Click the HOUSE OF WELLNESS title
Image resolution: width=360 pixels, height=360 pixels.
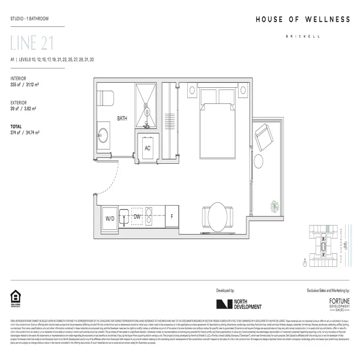[x=303, y=19]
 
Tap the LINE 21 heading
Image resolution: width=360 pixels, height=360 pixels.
[x=32, y=44]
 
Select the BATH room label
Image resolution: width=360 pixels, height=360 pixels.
[x=122, y=119]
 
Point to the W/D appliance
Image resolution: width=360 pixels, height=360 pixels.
[x=110, y=218]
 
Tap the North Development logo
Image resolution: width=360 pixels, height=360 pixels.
[x=239, y=304]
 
